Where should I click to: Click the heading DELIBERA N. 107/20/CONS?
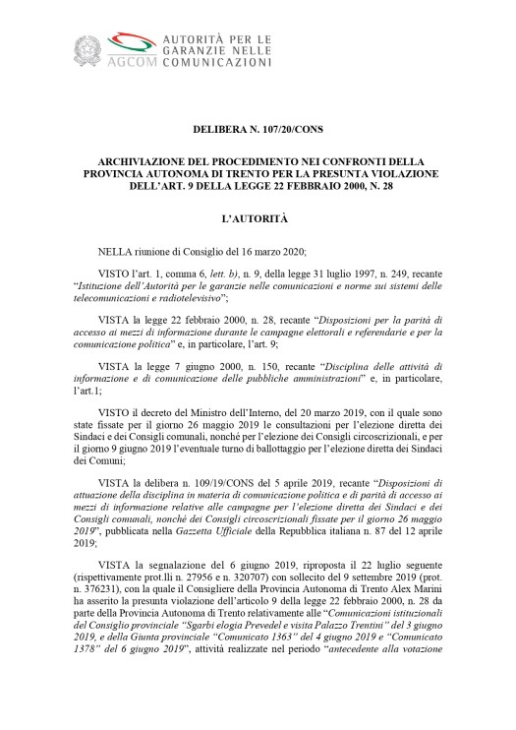[258, 131]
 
